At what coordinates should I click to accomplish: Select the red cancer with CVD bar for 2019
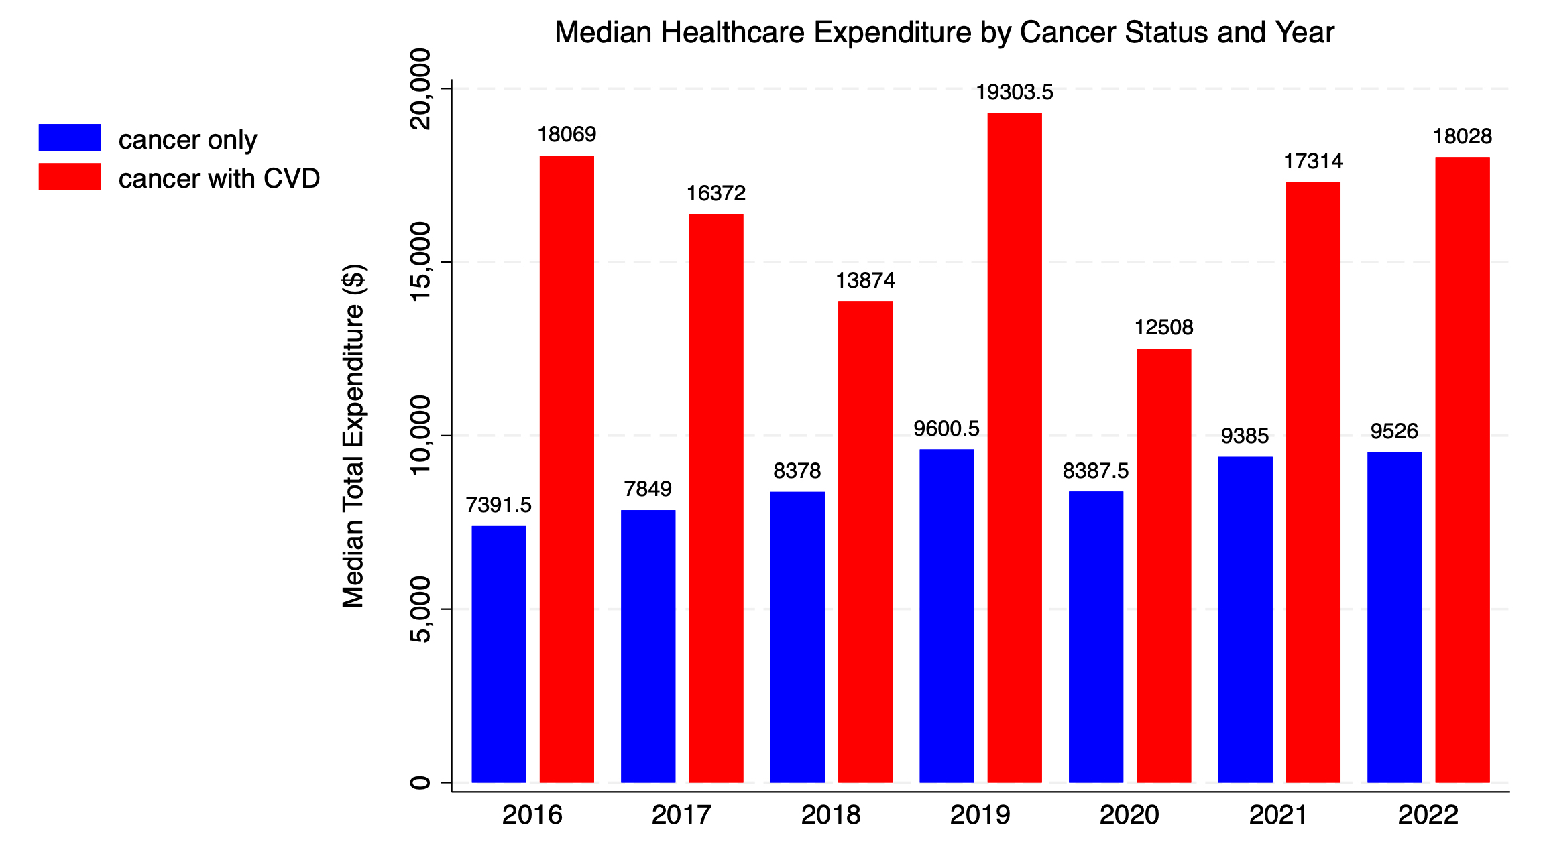1015,447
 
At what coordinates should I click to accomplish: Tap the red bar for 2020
1163,565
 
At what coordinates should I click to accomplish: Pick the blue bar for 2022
1395,617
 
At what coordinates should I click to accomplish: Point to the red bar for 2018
865,542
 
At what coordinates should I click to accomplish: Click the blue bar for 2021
1245,619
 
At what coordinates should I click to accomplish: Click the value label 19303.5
1015,92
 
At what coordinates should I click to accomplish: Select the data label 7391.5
499,505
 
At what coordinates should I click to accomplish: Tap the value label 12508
1163,328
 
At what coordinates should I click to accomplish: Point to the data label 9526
1394,431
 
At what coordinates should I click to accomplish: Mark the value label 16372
716,194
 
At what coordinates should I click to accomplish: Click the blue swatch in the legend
70,137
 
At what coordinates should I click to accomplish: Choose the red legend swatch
70,177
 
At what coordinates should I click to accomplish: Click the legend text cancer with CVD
219,179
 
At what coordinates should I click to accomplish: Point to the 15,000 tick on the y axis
420,262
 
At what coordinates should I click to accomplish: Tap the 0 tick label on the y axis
420,782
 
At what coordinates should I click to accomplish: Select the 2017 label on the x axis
681,815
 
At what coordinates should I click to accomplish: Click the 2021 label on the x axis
1278,815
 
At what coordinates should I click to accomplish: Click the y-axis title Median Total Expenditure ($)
353,436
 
